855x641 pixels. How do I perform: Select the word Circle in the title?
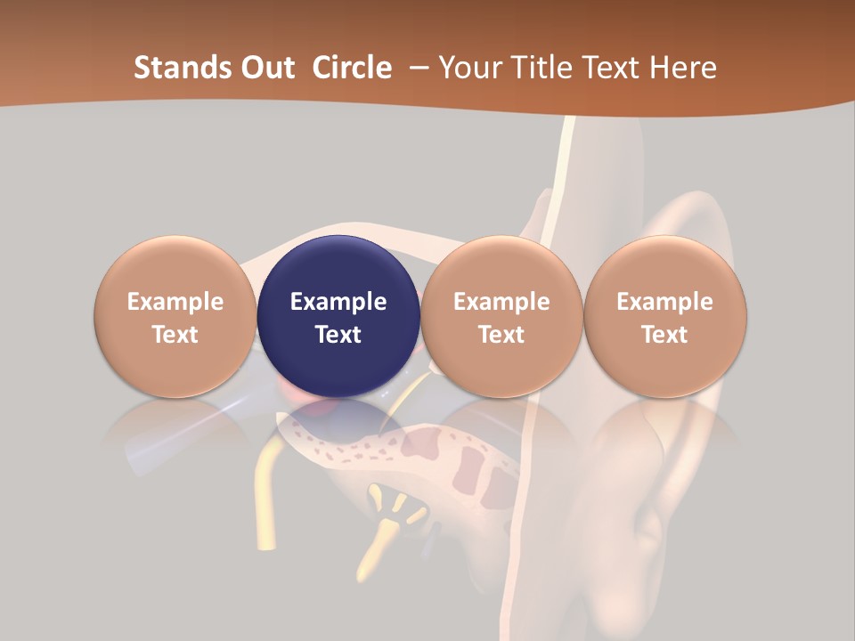click(352, 68)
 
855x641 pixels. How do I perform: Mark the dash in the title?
click(417, 68)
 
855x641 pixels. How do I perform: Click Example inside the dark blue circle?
click(338, 302)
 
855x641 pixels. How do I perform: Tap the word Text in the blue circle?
click(338, 335)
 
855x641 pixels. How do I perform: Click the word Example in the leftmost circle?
click(175, 302)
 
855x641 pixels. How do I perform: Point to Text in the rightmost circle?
click(665, 335)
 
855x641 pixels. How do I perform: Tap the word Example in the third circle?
click(501, 302)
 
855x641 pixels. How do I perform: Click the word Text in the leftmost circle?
click(175, 335)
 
